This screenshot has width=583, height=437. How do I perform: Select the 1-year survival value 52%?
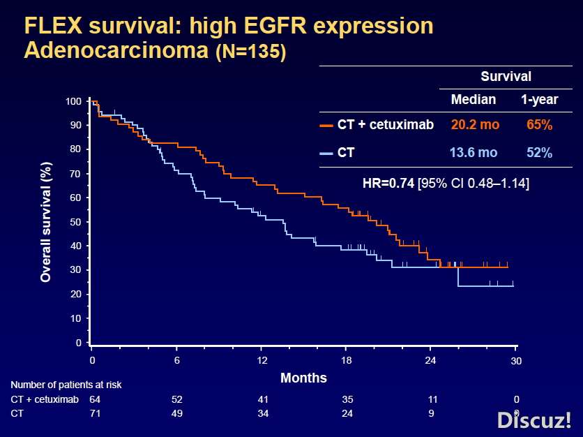pyautogui.click(x=539, y=153)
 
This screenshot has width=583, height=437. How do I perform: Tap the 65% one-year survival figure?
pyautogui.click(x=539, y=125)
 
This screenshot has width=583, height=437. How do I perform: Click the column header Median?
pyautogui.click(x=473, y=100)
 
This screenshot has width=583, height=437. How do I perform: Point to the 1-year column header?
pyautogui.click(x=539, y=100)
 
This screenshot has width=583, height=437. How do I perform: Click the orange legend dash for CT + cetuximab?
pyautogui.click(x=326, y=126)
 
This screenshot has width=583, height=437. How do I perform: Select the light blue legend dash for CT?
pyautogui.click(x=326, y=153)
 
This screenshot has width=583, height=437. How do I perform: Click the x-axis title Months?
pyautogui.click(x=303, y=378)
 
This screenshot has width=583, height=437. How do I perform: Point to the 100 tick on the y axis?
pyautogui.click(x=73, y=102)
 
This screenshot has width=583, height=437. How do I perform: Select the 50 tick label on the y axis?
pyautogui.click(x=75, y=222)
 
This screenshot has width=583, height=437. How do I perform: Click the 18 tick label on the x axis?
pyautogui.click(x=347, y=360)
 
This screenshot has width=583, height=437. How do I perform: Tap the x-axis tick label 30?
pyautogui.click(x=515, y=361)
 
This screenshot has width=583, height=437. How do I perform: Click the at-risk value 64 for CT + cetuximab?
pyautogui.click(x=96, y=399)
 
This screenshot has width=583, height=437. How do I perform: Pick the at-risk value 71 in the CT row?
pyautogui.click(x=96, y=413)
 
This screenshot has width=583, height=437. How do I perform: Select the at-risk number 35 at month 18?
pyautogui.click(x=347, y=399)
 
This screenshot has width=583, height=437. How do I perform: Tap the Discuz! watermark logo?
pyautogui.click(x=534, y=420)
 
